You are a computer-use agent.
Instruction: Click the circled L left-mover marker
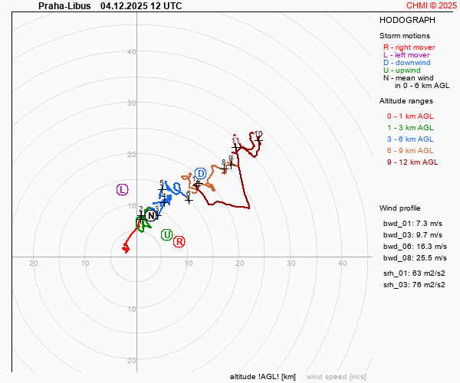(123, 189)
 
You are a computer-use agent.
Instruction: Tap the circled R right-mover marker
(179, 242)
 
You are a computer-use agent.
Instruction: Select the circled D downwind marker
(201, 174)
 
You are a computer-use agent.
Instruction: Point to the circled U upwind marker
(167, 234)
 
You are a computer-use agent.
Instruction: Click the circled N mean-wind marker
(151, 216)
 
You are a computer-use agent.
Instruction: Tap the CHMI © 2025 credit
(432, 5)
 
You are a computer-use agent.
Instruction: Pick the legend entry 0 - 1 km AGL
(410, 116)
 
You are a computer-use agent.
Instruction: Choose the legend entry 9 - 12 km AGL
(412, 162)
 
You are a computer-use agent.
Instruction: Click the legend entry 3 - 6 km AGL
(410, 139)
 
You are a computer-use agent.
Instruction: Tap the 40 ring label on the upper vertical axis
(131, 52)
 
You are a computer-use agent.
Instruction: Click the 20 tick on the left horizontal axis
(34, 263)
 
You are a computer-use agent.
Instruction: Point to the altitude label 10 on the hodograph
(258, 134)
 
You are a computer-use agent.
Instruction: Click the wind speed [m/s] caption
(336, 377)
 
